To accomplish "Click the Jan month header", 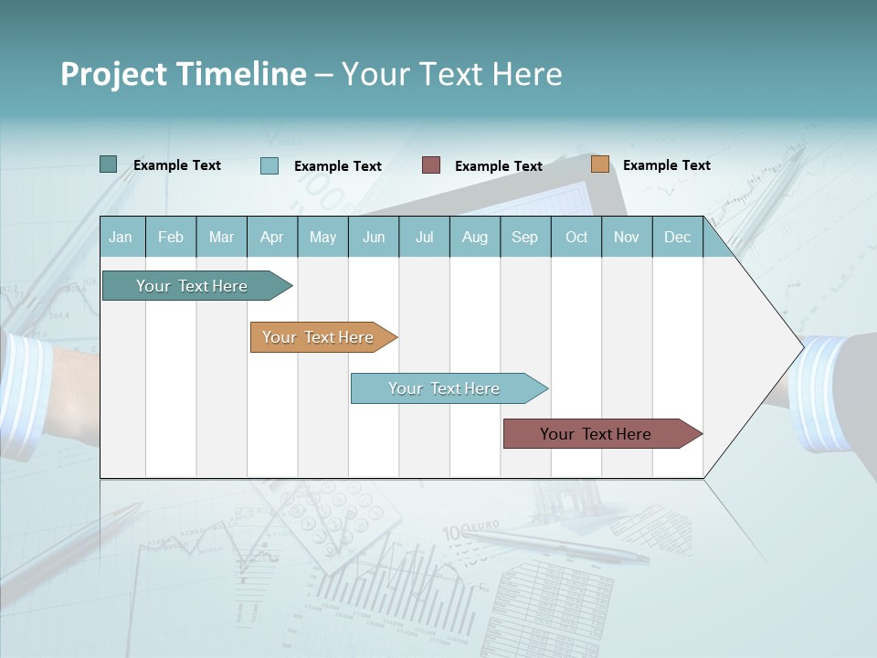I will pyautogui.click(x=121, y=238).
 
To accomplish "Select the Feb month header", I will pyautogui.click(x=171, y=238).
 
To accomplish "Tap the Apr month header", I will pyautogui.click(x=272, y=238).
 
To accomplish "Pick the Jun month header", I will pyautogui.click(x=374, y=238).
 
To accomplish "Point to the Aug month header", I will pyautogui.click(x=475, y=238).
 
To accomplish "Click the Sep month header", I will pyautogui.click(x=524, y=238).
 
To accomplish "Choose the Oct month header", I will pyautogui.click(x=576, y=238).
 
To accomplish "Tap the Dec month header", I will pyautogui.click(x=678, y=238).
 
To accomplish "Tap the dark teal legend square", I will pyautogui.click(x=108, y=164).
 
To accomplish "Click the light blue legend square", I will pyautogui.click(x=269, y=165).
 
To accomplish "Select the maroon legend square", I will pyautogui.click(x=431, y=165).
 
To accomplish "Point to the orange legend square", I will pyautogui.click(x=600, y=164).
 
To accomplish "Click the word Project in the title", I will pyautogui.click(x=112, y=74).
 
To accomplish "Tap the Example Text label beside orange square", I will pyautogui.click(x=666, y=165).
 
